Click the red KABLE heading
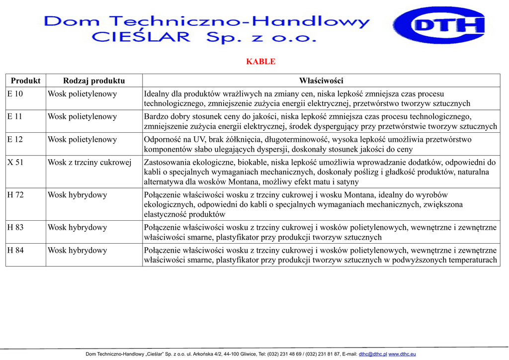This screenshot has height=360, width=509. (x=260, y=62)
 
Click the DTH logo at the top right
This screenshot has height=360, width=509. (x=439, y=25)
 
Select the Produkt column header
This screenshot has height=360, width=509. (x=25, y=81)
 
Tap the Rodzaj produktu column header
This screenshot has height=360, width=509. (x=94, y=81)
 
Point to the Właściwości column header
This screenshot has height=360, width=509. (x=321, y=81)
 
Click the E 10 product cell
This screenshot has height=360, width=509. (x=15, y=94)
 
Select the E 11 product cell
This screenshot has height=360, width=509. (x=15, y=117)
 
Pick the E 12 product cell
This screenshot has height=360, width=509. (x=15, y=140)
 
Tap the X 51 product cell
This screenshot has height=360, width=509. (x=15, y=163)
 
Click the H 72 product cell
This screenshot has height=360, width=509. (x=15, y=195)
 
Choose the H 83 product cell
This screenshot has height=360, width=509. (x=15, y=228)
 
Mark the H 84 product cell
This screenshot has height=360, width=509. (x=15, y=251)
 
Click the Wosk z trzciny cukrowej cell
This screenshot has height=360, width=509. (x=89, y=163)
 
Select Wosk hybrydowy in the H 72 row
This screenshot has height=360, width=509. (x=77, y=195)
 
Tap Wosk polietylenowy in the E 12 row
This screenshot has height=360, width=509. (x=82, y=140)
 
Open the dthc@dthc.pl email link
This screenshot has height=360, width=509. (x=373, y=354)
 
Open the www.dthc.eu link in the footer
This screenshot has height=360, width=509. (x=402, y=354)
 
